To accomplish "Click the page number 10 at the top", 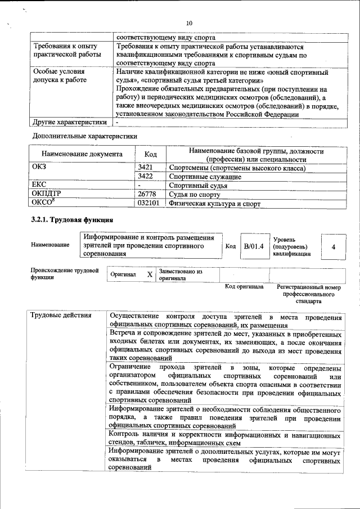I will (x=189, y=23).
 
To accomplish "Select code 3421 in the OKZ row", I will (x=146, y=168).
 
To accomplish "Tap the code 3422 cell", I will (x=146, y=177).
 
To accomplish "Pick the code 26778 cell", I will (x=147, y=194).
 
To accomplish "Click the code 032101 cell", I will (x=149, y=203).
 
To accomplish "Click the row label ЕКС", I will (x=39, y=185).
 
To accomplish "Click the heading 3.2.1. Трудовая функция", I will (x=73, y=220).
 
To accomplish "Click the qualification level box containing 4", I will (x=334, y=246).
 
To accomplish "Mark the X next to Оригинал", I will (x=149, y=274).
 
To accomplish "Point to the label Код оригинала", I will (x=244, y=287).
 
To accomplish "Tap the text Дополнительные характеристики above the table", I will (x=85, y=136).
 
